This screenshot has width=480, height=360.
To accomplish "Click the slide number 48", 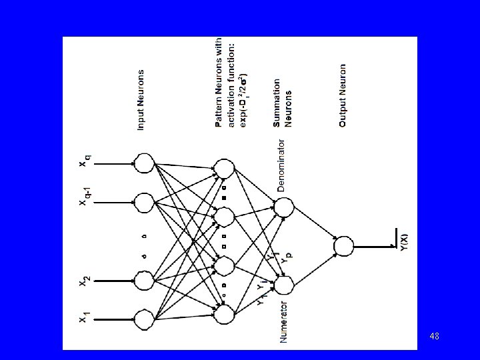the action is (x=434, y=337).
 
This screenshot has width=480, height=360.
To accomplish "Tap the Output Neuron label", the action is (x=343, y=96).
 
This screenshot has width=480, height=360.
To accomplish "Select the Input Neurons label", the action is (x=141, y=99).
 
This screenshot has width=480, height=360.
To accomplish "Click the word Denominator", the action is (x=282, y=165).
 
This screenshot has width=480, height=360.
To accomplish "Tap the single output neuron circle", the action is (x=343, y=246).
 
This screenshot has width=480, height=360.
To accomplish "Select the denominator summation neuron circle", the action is (x=283, y=207).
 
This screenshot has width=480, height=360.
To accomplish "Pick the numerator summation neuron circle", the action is (x=283, y=284).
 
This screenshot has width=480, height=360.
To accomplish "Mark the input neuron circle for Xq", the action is (x=144, y=163).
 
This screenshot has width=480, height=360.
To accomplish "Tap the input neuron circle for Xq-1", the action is (x=144, y=201).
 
